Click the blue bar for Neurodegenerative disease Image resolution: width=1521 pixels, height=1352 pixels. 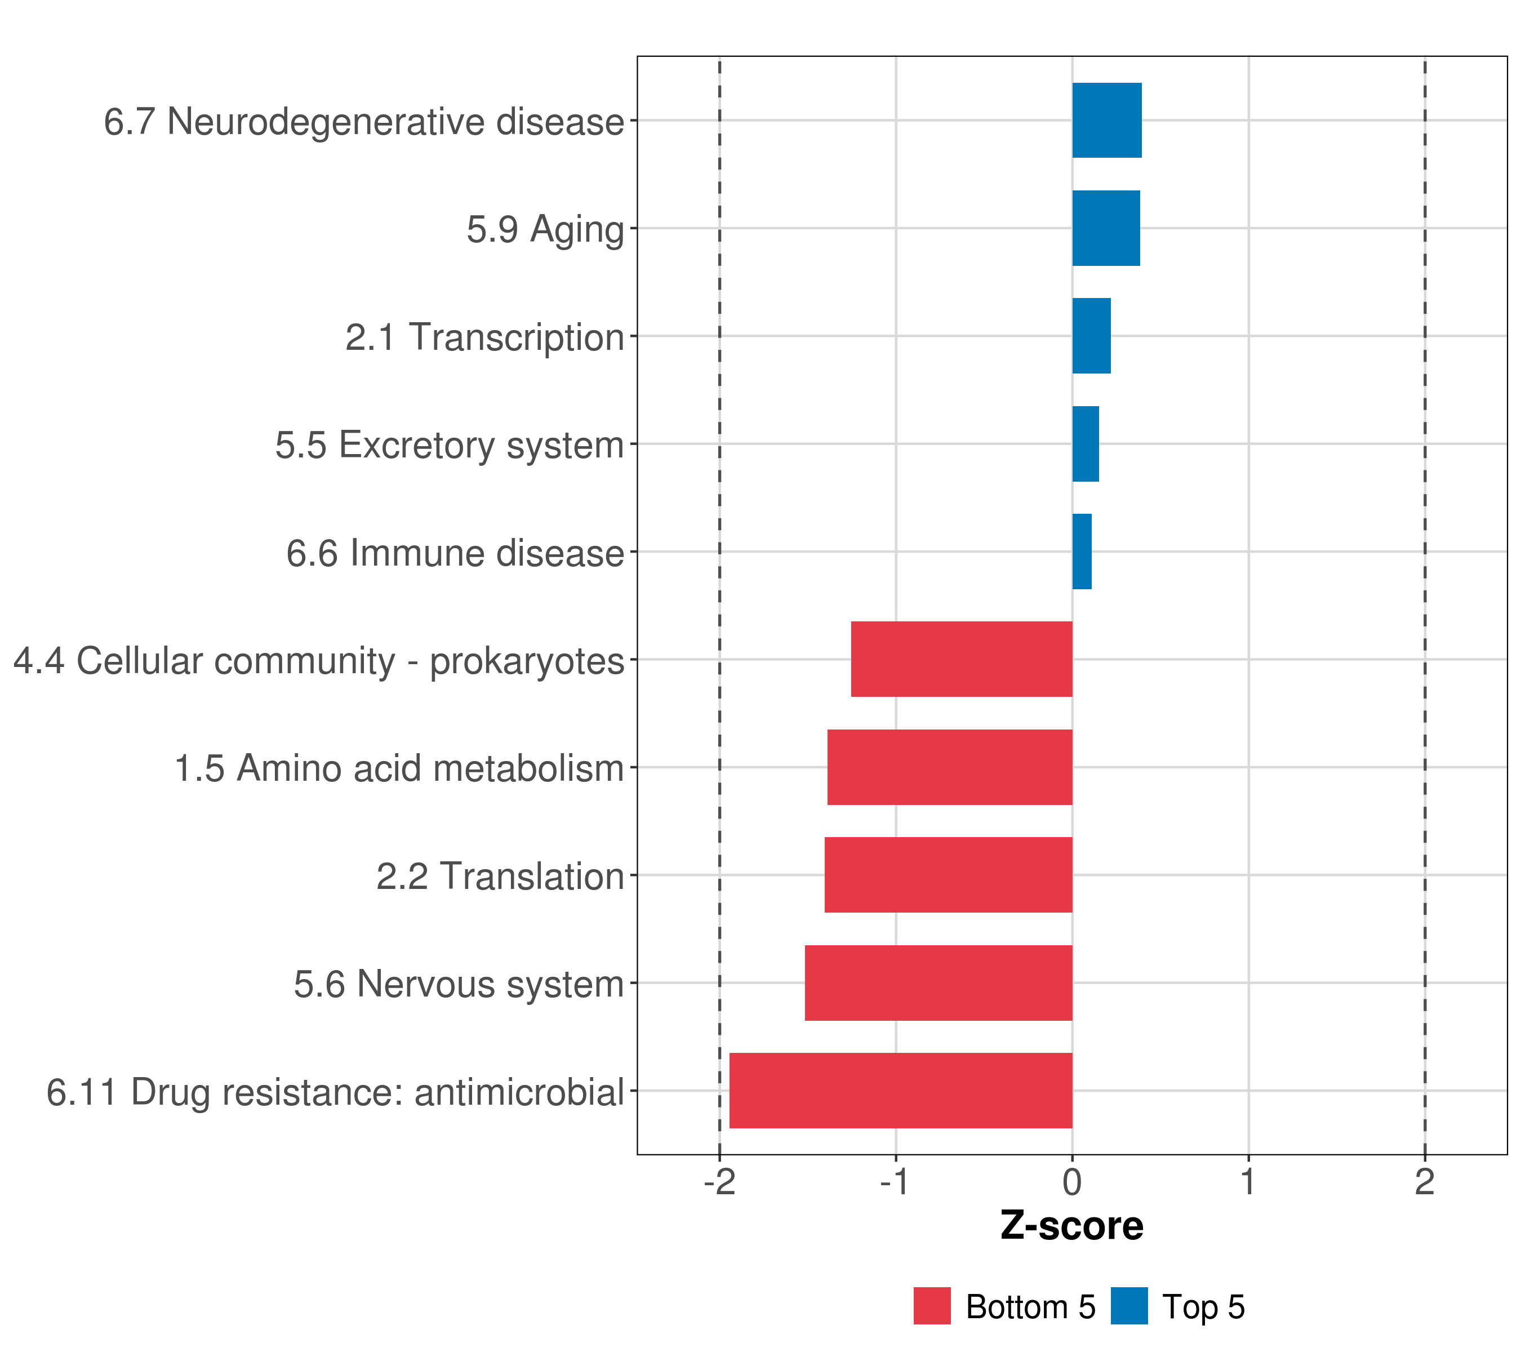(x=1106, y=121)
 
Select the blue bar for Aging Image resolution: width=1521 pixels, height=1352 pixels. (x=1106, y=229)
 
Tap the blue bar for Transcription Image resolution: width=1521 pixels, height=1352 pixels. (x=1091, y=336)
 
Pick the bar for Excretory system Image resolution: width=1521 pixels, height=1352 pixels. (x=1085, y=444)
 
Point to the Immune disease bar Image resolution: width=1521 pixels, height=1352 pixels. (x=1081, y=552)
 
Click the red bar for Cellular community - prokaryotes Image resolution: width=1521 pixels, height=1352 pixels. (x=962, y=659)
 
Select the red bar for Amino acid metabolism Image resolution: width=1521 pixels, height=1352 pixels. (x=950, y=767)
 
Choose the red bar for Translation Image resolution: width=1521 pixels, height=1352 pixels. (x=948, y=875)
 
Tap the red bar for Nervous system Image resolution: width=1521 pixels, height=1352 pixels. (x=939, y=983)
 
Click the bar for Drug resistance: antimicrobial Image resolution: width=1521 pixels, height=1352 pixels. (x=900, y=1091)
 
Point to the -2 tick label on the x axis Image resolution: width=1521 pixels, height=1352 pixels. (x=719, y=1182)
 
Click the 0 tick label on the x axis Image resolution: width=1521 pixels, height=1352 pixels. (x=1072, y=1182)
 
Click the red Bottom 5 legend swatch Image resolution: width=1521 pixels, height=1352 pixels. (x=932, y=1306)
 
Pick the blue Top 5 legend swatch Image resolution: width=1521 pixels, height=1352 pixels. (x=1129, y=1306)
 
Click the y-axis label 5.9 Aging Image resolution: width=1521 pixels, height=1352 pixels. (x=545, y=229)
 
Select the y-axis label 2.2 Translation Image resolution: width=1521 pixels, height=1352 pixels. (x=499, y=877)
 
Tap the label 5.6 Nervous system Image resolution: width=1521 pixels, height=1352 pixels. (x=459, y=984)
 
